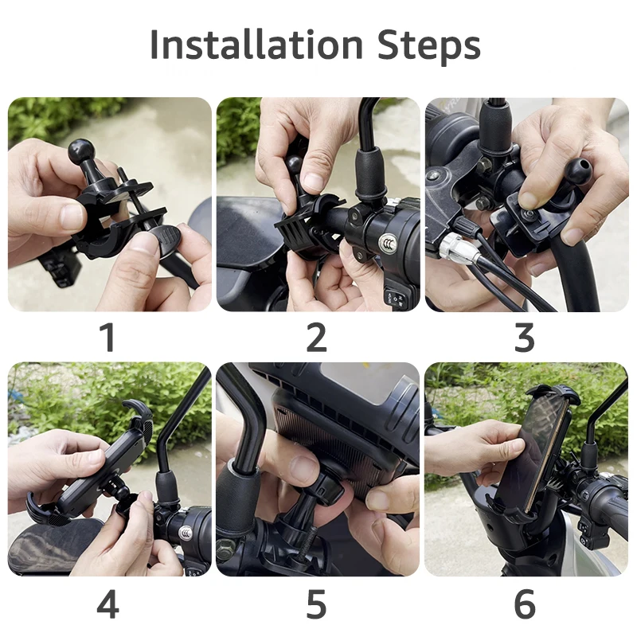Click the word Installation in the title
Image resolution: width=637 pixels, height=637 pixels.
256,45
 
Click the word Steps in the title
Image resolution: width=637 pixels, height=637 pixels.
429,47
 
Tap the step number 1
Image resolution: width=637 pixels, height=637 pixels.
108,337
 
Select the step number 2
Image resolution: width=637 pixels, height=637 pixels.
316,337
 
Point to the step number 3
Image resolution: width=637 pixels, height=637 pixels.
525,337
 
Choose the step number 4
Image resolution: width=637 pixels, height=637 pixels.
108,604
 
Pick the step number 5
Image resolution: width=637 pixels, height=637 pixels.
316,604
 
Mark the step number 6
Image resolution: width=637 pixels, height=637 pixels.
525,604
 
